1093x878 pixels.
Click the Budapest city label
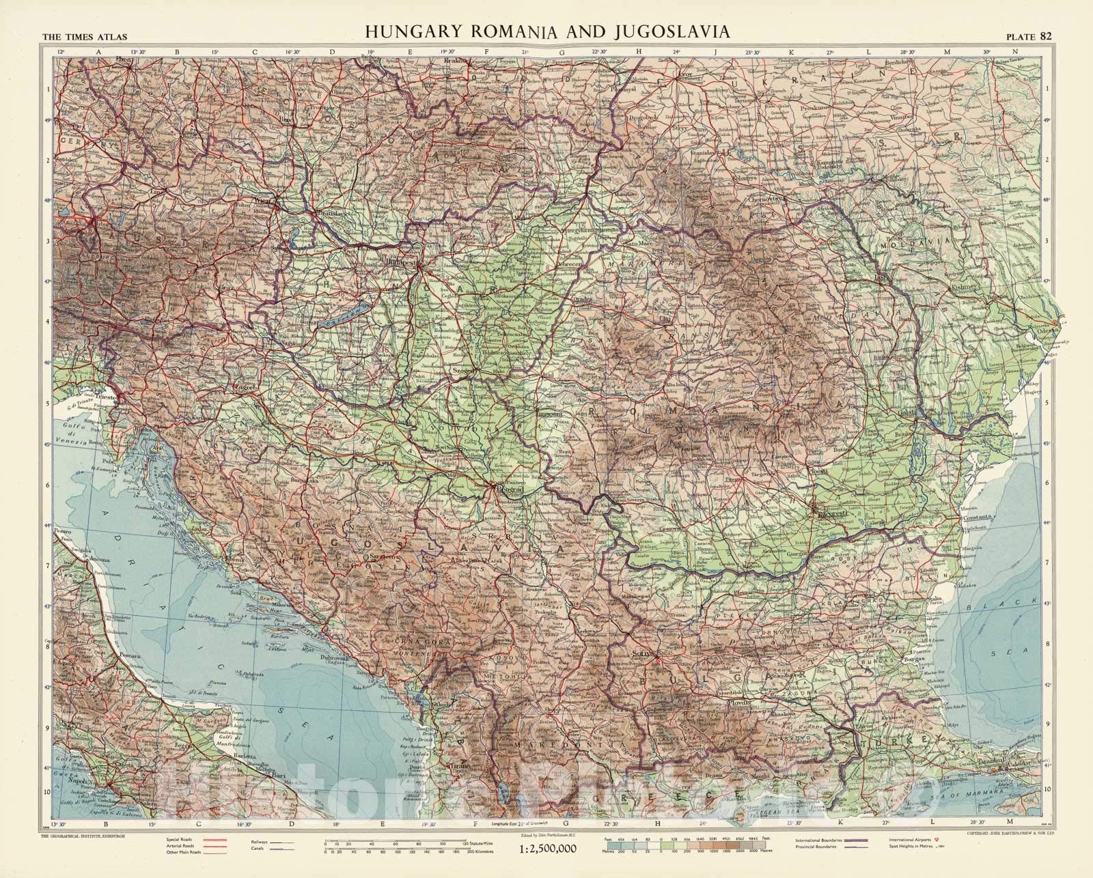[x=401, y=261]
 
